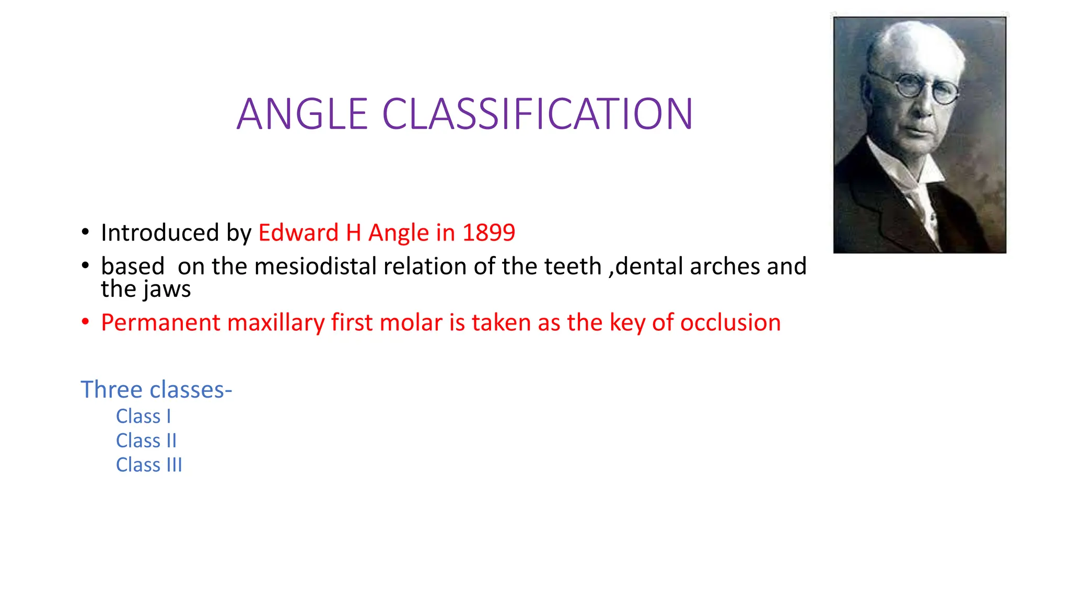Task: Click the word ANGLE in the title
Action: coord(302,114)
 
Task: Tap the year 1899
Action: coord(489,233)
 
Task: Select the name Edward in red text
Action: coord(298,233)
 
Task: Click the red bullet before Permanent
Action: coord(85,322)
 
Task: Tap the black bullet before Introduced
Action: coord(85,232)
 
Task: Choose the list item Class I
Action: coord(143,416)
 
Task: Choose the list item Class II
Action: coord(146,441)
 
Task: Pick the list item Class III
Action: coord(149,465)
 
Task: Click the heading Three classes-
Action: coord(156,390)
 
